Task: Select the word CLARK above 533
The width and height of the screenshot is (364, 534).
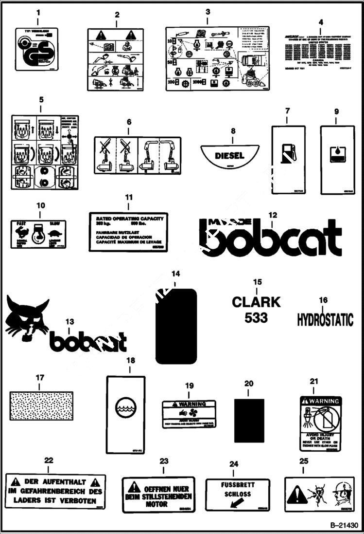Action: [x=256, y=302]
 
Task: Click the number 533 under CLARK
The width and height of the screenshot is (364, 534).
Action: [x=256, y=318]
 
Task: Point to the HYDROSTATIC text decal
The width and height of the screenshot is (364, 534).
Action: [x=325, y=319]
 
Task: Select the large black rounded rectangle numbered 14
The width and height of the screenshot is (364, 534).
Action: [x=176, y=326]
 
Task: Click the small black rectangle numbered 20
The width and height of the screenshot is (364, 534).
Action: [x=249, y=421]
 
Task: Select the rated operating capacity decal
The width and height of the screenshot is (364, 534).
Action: [x=128, y=232]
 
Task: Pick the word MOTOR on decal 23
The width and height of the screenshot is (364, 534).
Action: [x=157, y=504]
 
